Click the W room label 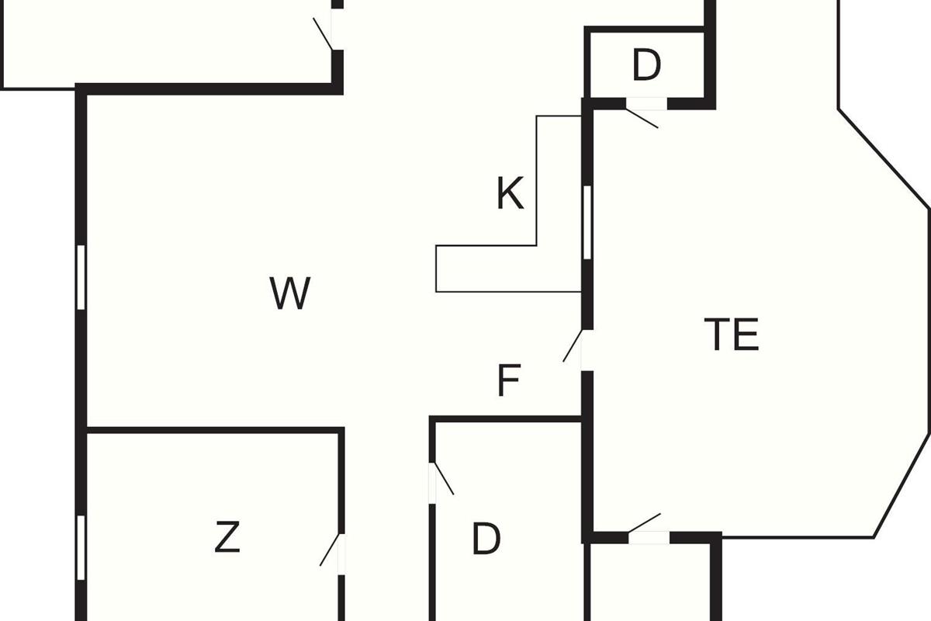tap(290, 293)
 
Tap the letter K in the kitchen tap(510, 194)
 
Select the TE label tap(732, 335)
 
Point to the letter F tap(508, 381)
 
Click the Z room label tap(227, 539)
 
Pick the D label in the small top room tap(645, 66)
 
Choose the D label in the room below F tap(486, 539)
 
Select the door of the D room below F tap(442, 479)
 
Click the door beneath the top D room tap(643, 115)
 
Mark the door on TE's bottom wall tap(645, 524)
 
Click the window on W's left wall tap(81, 277)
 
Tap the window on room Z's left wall tap(81, 546)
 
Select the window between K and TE tap(587, 223)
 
